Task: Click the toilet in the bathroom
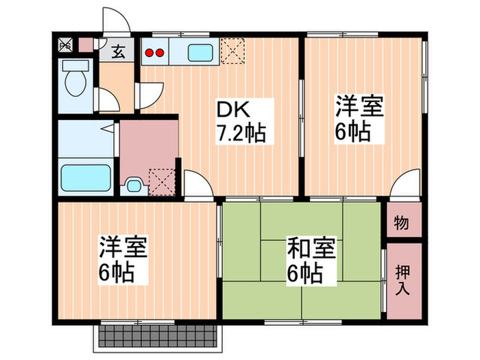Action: click(75, 78)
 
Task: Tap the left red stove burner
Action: click(149, 53)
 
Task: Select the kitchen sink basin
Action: click(200, 53)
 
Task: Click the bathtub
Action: click(86, 178)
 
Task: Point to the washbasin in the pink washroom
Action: click(133, 185)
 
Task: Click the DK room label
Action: click(233, 109)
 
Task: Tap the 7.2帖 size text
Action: click(241, 133)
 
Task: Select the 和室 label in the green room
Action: click(311, 248)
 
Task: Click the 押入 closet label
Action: click(403, 280)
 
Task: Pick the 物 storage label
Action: click(401, 222)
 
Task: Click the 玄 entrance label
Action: click(119, 51)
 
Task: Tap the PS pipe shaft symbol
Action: click(66, 45)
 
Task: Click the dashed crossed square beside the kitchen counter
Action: click(232, 51)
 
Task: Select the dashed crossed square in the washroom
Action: click(162, 182)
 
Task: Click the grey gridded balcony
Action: click(157, 336)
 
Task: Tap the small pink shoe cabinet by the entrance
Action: click(86, 45)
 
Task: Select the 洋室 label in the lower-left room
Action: click(123, 246)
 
